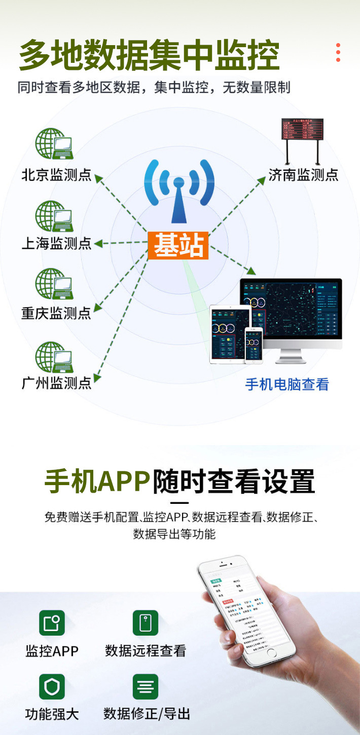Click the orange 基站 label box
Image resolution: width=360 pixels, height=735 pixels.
tap(178, 245)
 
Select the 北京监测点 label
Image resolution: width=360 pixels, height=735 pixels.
tap(56, 175)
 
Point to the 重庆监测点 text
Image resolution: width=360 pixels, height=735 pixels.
tap(56, 313)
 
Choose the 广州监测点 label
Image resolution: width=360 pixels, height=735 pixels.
tap(56, 383)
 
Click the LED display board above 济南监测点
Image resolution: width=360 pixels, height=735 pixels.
tap(303, 130)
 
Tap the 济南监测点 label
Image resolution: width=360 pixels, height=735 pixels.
tap(303, 175)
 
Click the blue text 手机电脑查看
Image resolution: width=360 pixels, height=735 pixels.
tap(287, 384)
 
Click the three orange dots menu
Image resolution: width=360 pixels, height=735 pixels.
tap(338, 53)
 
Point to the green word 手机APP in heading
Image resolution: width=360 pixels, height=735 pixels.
tap(97, 481)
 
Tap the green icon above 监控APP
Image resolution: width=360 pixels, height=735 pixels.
tap(52, 623)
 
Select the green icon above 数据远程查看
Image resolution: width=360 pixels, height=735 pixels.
tap(146, 623)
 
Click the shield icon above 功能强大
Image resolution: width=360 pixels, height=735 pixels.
tap(52, 687)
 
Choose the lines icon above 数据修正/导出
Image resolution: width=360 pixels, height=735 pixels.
tap(146, 687)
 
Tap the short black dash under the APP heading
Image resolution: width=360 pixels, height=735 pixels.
tap(179, 503)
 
